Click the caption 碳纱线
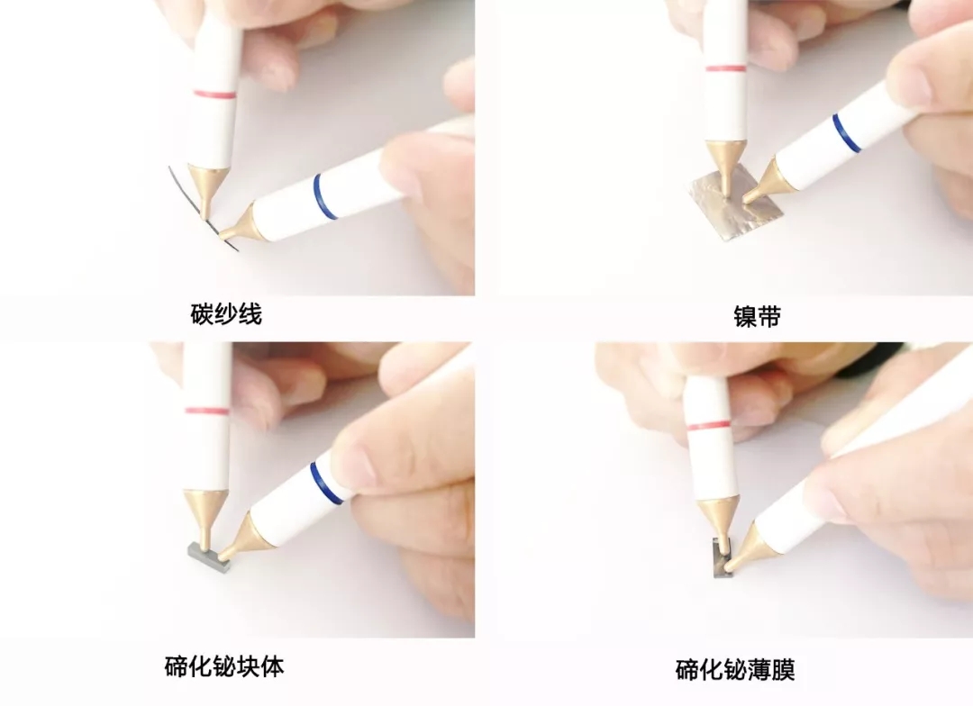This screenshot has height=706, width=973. tap(226, 314)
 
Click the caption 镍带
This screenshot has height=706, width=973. tap(757, 316)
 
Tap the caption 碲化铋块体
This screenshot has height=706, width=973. tap(224, 666)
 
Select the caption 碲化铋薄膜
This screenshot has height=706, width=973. tap(735, 669)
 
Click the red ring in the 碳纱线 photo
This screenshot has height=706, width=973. tap(214, 95)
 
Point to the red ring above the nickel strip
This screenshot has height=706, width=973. tap(726, 68)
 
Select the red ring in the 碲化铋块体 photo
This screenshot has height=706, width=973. tap(207, 411)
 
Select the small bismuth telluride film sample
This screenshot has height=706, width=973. tap(723, 558)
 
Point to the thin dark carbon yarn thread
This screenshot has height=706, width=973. tap(201, 208)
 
